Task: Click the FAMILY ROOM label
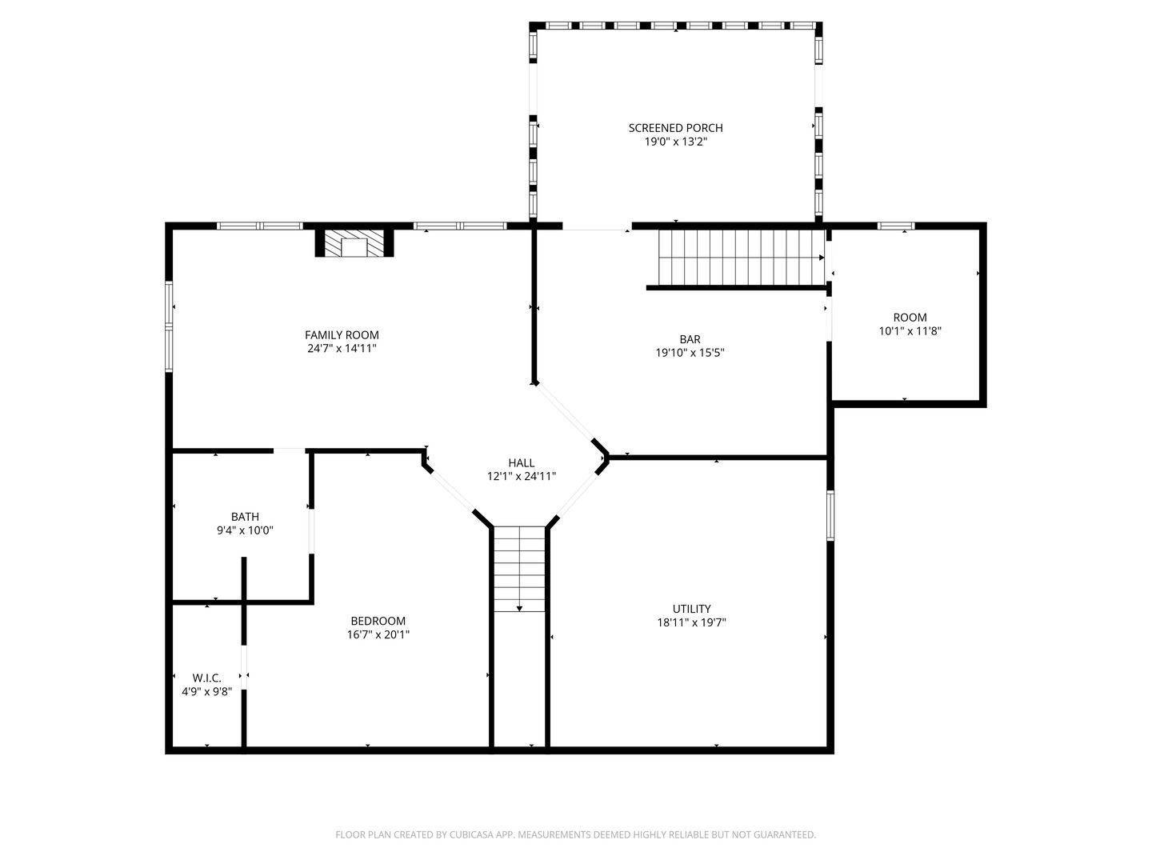[x=342, y=335]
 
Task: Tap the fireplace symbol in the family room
[x=354, y=245]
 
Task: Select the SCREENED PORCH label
[x=675, y=128]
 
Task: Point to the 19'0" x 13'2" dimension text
[x=675, y=142]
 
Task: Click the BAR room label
[x=690, y=339]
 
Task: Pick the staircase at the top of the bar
[x=740, y=258]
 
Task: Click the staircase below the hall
[x=519, y=569]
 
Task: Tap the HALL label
[x=522, y=463]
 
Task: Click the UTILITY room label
[x=691, y=609]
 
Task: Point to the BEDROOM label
[x=378, y=621]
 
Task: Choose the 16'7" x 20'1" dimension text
[x=378, y=634]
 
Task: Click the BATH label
[x=245, y=517]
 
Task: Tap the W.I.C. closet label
[x=206, y=678]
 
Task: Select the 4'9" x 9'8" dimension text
[x=206, y=691]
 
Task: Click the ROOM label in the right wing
[x=910, y=318]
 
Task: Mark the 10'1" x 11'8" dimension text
[x=910, y=331]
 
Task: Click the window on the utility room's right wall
[x=830, y=515]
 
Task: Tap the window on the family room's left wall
[x=169, y=326]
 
